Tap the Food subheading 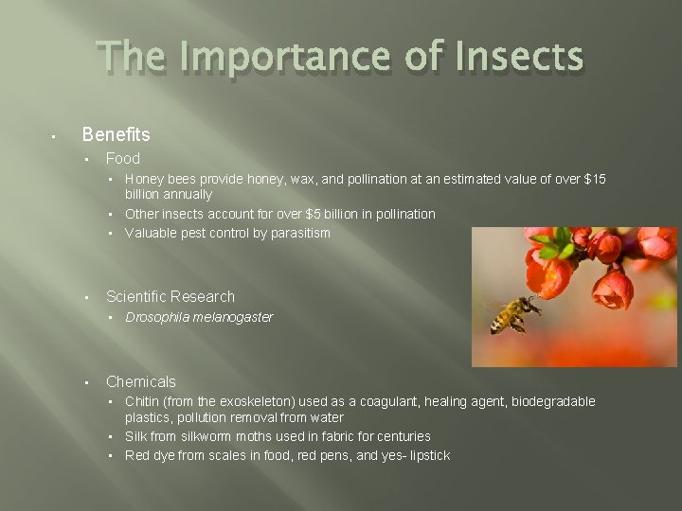coord(123,159)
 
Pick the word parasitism coord(298,233)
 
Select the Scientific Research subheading coord(170,297)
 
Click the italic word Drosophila coord(158,317)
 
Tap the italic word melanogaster coord(233,317)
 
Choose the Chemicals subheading coord(141,382)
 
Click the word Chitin coord(142,402)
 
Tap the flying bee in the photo coord(511,313)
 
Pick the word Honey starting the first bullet coord(143,179)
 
